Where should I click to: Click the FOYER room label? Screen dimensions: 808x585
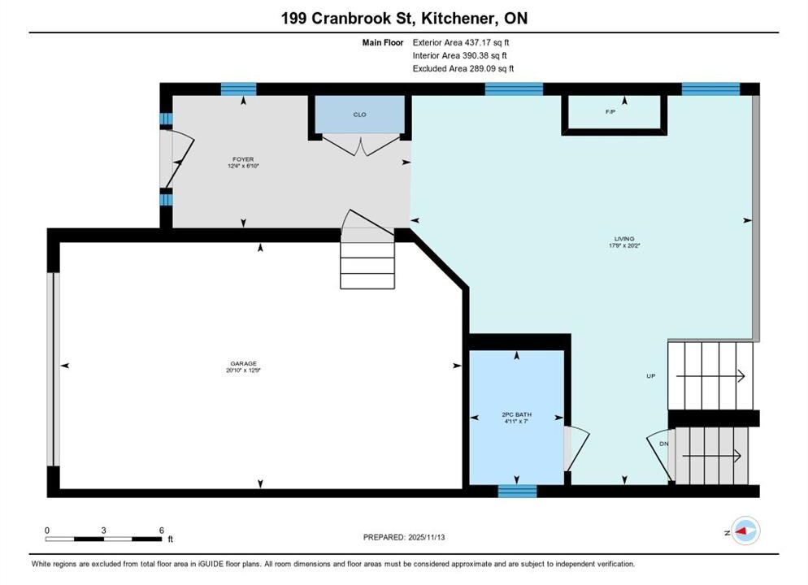coord(243,159)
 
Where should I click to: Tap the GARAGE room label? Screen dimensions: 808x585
coord(243,363)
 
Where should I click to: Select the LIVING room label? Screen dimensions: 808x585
coord(624,239)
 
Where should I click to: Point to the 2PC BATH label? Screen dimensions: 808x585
coord(516,414)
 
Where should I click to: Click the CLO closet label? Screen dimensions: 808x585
coord(359,115)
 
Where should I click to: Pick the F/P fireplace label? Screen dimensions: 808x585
coord(610,112)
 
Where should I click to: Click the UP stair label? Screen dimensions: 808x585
coord(651,376)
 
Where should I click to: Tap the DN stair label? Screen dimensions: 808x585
coord(663,444)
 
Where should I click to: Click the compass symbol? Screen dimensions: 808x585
coord(745,531)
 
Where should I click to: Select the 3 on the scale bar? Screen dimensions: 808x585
coord(103,531)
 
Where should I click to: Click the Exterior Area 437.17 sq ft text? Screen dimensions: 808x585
coord(461,43)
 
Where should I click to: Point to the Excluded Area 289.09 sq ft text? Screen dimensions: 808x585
coord(463,68)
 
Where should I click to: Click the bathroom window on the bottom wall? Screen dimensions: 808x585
coord(517,492)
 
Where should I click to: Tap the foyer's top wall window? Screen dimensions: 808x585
coord(239,89)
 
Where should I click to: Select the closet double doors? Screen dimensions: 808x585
coord(361,145)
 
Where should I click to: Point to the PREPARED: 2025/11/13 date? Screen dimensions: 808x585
coord(404,537)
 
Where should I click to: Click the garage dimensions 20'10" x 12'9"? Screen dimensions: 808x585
coord(243,370)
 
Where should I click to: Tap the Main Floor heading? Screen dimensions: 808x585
coord(382,43)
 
